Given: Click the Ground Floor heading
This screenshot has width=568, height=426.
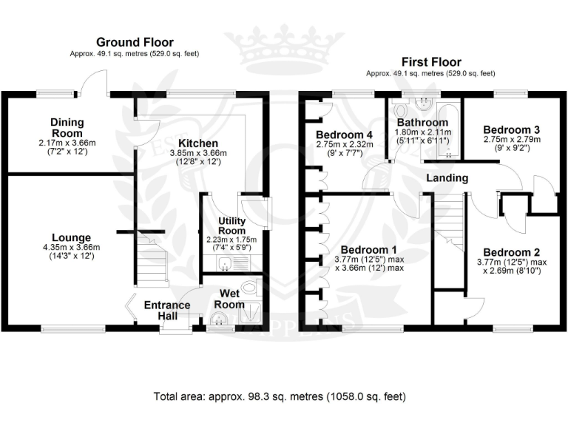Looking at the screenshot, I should click(134, 42).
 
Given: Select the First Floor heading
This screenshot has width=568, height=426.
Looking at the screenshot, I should click(431, 62).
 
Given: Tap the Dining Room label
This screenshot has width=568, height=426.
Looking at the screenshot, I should click(67, 127).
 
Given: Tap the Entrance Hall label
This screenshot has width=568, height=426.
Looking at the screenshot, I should click(166, 311).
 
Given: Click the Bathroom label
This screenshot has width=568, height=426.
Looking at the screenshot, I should click(422, 123).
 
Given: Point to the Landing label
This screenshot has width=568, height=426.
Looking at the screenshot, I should click(447, 178).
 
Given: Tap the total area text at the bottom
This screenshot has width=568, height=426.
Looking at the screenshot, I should click(280, 397).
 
